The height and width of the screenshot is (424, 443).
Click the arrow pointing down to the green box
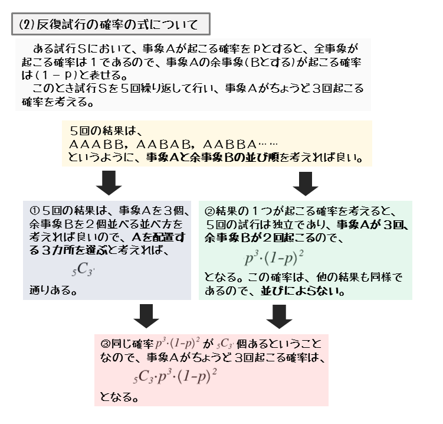(x=305, y=183)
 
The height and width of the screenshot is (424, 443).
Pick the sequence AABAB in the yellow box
(x=147, y=145)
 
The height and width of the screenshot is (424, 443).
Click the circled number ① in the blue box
(x=34, y=211)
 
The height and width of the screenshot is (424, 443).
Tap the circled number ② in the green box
(x=209, y=211)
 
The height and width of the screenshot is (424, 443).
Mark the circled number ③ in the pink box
(x=105, y=343)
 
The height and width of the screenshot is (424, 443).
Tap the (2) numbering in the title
(x=27, y=25)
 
